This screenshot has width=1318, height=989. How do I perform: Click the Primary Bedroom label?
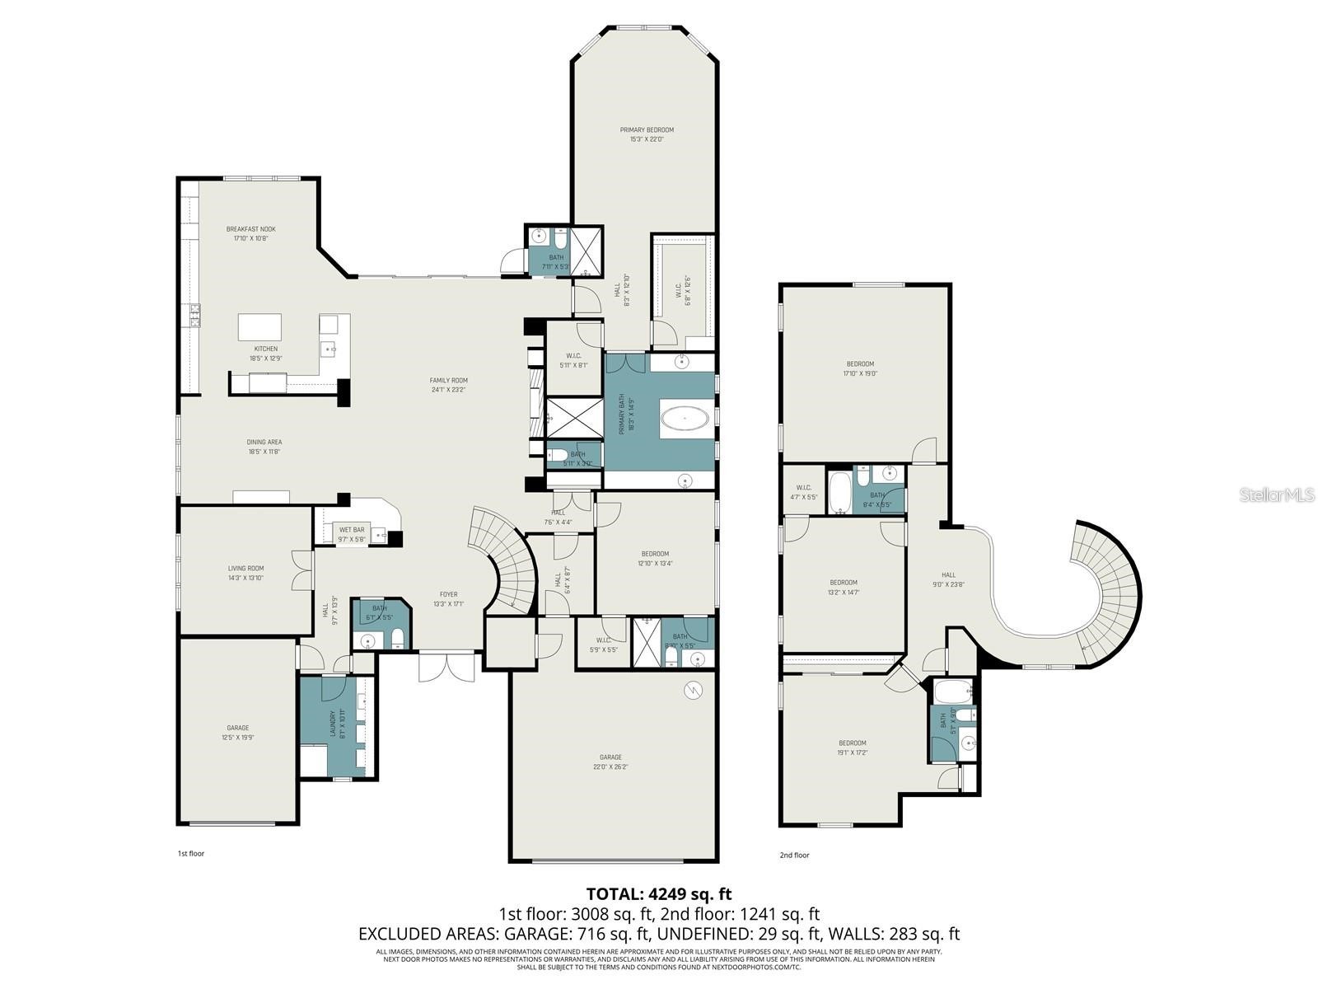[647, 130]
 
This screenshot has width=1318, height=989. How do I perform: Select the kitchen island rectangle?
[259, 326]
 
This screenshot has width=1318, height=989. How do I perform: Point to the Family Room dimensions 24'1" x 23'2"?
[449, 390]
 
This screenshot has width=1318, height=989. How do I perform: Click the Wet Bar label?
[352, 530]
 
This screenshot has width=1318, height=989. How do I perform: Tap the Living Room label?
[245, 568]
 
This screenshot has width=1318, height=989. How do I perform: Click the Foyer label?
[448, 594]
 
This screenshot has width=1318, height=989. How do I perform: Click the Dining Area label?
[264, 442]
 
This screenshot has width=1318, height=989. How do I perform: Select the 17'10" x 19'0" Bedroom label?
[860, 363]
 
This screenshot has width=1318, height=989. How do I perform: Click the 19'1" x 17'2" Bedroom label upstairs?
[852, 743]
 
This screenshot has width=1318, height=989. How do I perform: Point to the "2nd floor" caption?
[794, 855]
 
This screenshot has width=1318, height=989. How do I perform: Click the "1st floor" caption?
[190, 854]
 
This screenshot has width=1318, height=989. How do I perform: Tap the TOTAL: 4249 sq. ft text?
[658, 893]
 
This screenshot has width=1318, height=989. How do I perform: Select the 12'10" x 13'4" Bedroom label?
[655, 554]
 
